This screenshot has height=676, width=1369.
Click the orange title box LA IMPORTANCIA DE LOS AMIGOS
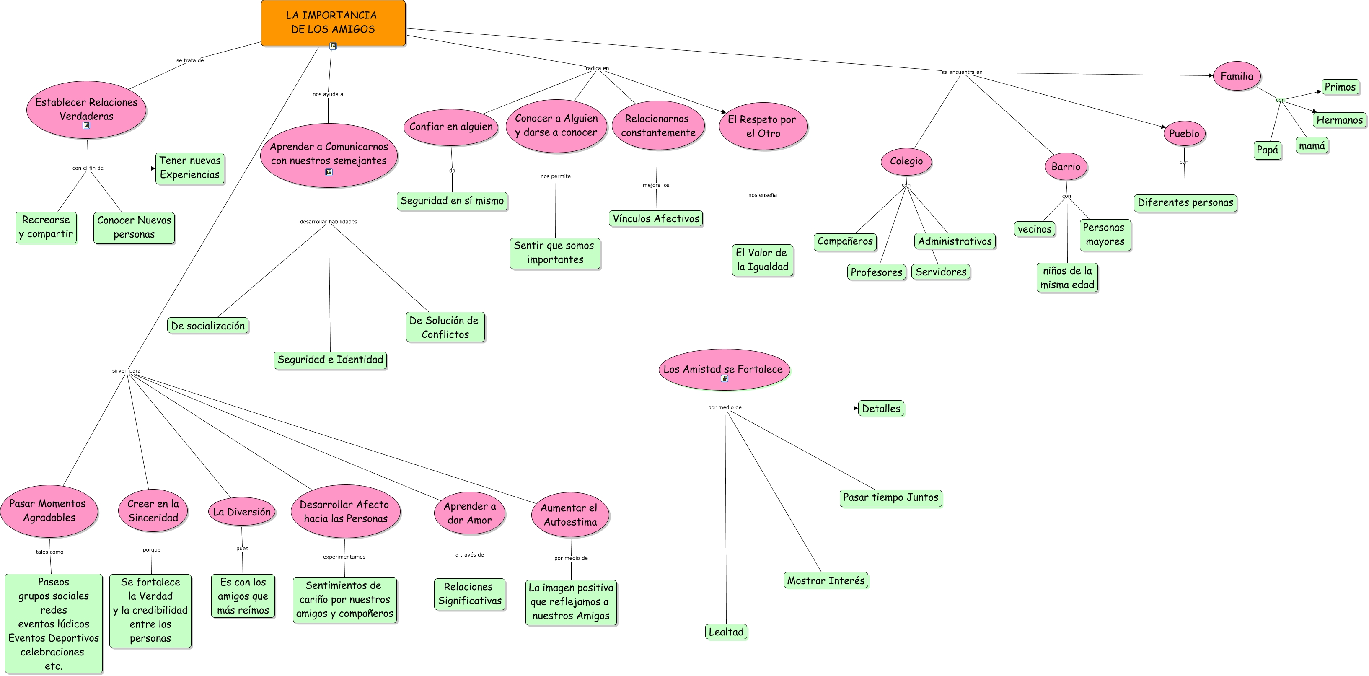pos(333,22)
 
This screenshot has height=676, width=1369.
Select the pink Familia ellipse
pos(1236,76)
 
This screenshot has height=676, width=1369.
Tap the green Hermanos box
pos(1339,120)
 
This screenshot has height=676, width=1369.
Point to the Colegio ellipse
pos(906,161)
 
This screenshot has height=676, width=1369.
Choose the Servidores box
pos(941,272)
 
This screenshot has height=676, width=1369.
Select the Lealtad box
pos(726,632)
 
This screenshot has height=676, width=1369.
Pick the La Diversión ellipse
pos(242,512)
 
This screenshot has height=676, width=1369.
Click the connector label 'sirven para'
pos(127,371)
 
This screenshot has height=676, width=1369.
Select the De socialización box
pos(208,326)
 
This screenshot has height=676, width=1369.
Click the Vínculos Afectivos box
pos(656,218)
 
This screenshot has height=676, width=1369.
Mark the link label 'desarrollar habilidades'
pos(329,222)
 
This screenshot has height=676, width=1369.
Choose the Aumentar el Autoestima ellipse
pos(570,515)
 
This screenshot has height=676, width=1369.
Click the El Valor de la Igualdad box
pos(762,260)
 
